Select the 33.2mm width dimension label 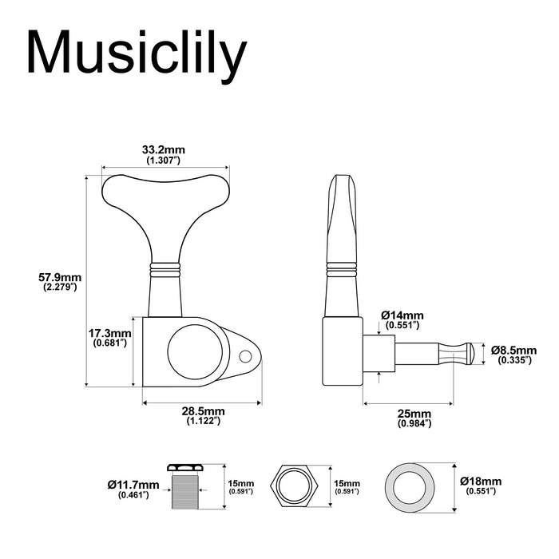pyautogui.click(x=164, y=150)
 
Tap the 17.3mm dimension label pyautogui.click(x=109, y=333)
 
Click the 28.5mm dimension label pyautogui.click(x=204, y=410)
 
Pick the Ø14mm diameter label pyautogui.click(x=402, y=315)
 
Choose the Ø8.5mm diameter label pyautogui.click(x=513, y=350)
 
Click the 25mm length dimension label pyautogui.click(x=414, y=413)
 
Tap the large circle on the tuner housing pyautogui.click(x=190, y=351)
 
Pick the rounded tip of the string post pyautogui.click(x=476, y=351)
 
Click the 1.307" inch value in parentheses pyautogui.click(x=164, y=161)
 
